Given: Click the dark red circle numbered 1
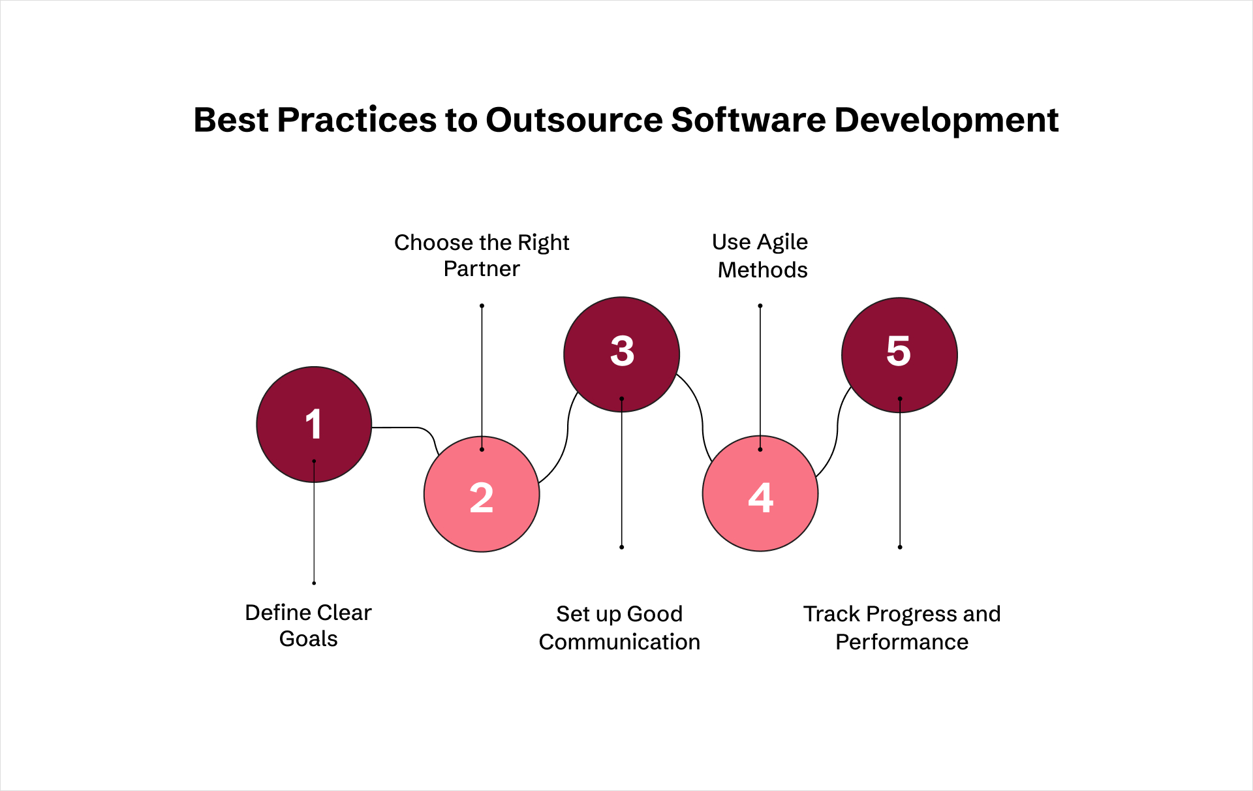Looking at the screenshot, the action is click(x=314, y=424).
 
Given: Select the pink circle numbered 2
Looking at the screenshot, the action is click(x=482, y=494).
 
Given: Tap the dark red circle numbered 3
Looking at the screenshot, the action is click(x=622, y=354).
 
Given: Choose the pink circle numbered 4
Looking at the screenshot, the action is click(x=760, y=493).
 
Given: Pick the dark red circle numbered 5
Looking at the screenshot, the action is click(x=899, y=355).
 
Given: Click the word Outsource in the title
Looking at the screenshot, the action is click(x=574, y=120).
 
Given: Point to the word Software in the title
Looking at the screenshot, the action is click(x=749, y=120).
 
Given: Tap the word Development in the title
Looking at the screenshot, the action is click(x=946, y=121).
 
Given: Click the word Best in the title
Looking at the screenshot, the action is click(x=231, y=120).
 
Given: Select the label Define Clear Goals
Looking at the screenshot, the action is click(x=308, y=625).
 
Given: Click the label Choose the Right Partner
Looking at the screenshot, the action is click(x=482, y=255).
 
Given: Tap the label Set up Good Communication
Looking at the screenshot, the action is click(x=619, y=628).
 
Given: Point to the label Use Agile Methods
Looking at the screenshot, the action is click(x=760, y=256).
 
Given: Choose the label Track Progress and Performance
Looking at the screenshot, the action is click(x=902, y=628).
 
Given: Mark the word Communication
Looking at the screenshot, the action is click(x=619, y=642).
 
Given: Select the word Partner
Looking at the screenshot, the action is click(x=482, y=269).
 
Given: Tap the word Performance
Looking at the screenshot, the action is click(x=902, y=642).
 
